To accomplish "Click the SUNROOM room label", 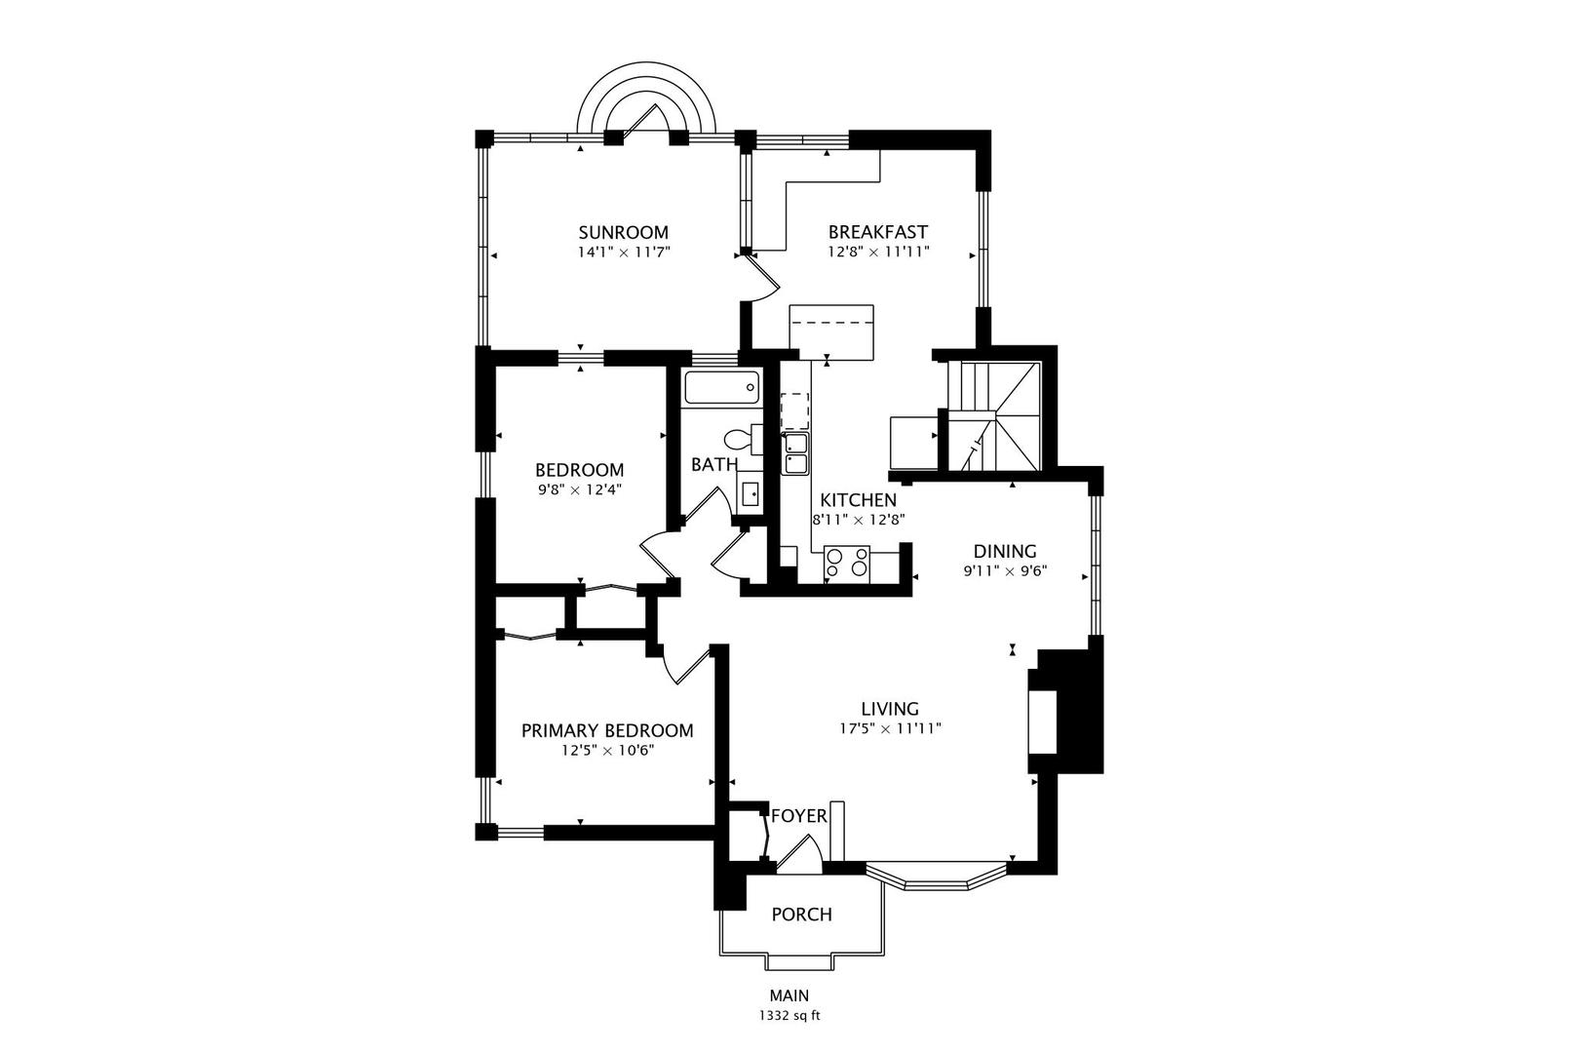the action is pyautogui.click(x=623, y=232).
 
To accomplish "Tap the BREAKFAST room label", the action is pyautogui.click(x=877, y=231).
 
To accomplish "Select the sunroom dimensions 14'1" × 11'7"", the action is pyautogui.click(x=623, y=252).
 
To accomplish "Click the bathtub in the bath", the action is pyautogui.click(x=721, y=387).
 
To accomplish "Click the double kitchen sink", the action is pyautogui.click(x=796, y=453).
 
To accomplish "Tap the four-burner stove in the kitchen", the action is pyautogui.click(x=847, y=565).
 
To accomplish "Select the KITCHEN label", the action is pyautogui.click(x=858, y=500).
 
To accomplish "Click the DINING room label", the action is pyautogui.click(x=1005, y=551).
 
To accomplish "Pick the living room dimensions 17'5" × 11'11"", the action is pyautogui.click(x=890, y=728).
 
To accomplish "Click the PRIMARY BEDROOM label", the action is pyautogui.click(x=607, y=730).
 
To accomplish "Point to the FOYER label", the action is pyautogui.click(x=798, y=816).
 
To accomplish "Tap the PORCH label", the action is pyautogui.click(x=801, y=915).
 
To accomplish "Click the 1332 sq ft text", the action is pyautogui.click(x=789, y=1016).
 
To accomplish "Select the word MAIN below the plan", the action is pyautogui.click(x=789, y=995).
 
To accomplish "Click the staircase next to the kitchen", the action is pyautogui.click(x=993, y=416).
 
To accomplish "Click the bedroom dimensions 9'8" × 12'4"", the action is pyautogui.click(x=579, y=489).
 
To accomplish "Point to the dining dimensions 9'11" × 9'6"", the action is pyautogui.click(x=1005, y=570).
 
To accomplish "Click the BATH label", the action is pyautogui.click(x=714, y=465).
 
